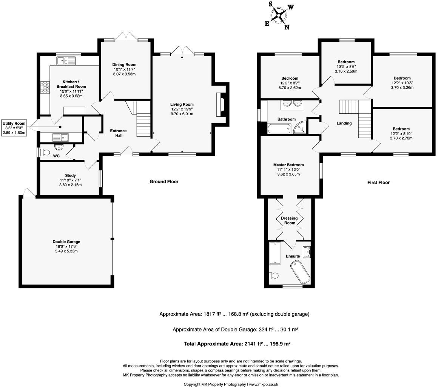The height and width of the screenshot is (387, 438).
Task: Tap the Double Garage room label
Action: pyautogui.click(x=66, y=242)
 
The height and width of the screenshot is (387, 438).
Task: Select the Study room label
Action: pyautogui.click(x=70, y=175)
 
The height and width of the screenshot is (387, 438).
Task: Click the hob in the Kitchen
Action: pyautogui.click(x=45, y=88)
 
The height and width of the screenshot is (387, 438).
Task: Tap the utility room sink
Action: pyautogui.click(x=60, y=137)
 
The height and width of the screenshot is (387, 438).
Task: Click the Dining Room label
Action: pyautogui.click(x=124, y=65)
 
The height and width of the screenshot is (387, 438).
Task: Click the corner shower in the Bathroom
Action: pyautogui.click(x=300, y=128)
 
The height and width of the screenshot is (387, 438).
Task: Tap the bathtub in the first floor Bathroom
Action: pyautogui.click(x=278, y=130)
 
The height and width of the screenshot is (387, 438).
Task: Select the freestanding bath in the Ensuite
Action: pyautogui.click(x=300, y=271)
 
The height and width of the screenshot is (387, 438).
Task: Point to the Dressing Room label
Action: pyautogui.click(x=289, y=221)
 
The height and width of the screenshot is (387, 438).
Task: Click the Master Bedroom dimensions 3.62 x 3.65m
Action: pyautogui.click(x=288, y=174)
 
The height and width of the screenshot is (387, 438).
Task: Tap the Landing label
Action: pyautogui.click(x=344, y=123)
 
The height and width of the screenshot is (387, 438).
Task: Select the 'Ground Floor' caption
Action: pyautogui.click(x=164, y=181)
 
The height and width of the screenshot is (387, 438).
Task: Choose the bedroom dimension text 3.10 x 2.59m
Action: pyautogui.click(x=346, y=71)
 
